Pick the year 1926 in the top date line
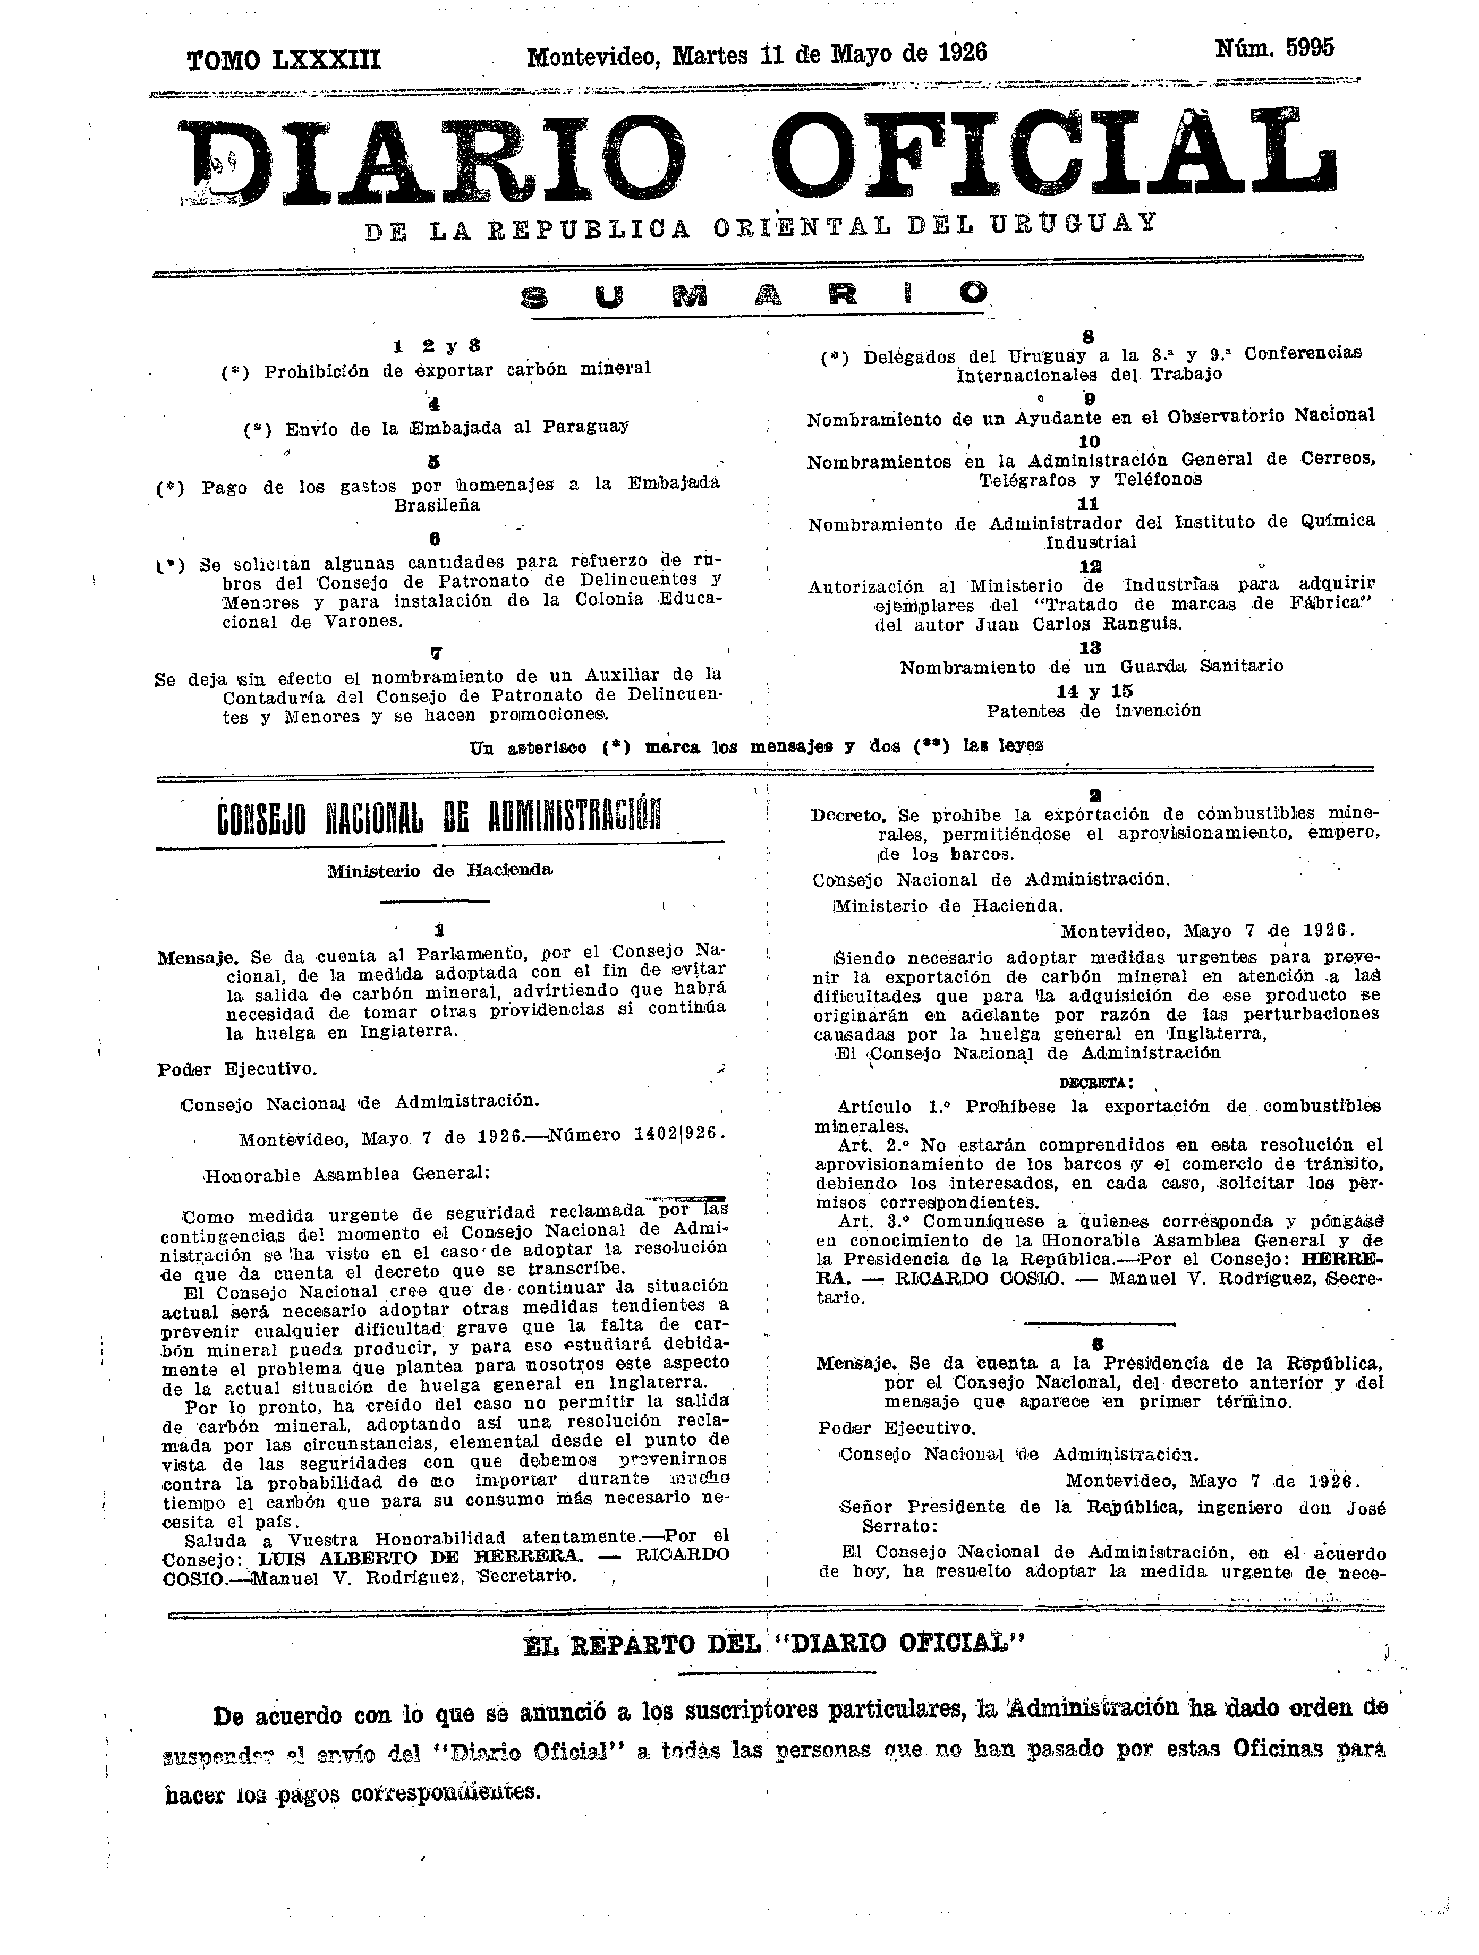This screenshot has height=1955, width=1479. pyautogui.click(x=962, y=54)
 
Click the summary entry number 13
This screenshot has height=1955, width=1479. pyautogui.click(x=1090, y=648)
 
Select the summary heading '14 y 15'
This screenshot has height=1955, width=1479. pyautogui.click(x=1093, y=691)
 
